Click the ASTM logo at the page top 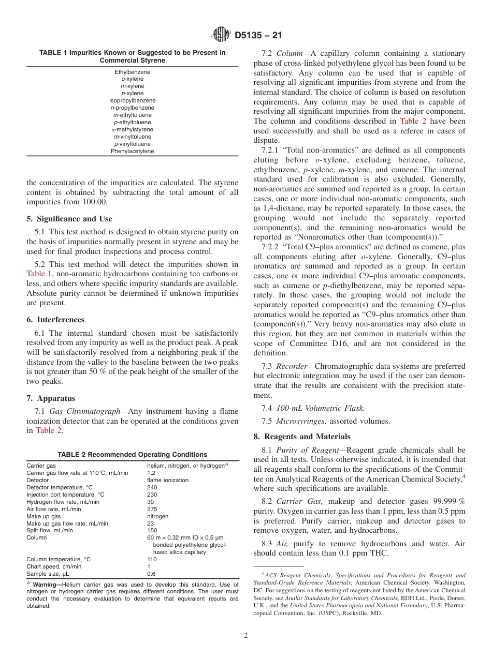(x=221, y=35)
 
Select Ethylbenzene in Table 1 (x=132, y=72)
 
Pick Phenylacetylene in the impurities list (x=132, y=151)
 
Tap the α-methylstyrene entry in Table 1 (x=132, y=129)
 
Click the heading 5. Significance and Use (x=69, y=219)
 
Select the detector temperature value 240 (x=152, y=487)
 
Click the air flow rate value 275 (x=152, y=509)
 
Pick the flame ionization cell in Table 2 (x=167, y=480)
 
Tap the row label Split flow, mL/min (x=50, y=530)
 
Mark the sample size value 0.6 (x=151, y=574)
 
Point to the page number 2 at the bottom (x=246, y=636)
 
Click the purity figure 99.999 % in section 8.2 (x=448, y=502)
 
